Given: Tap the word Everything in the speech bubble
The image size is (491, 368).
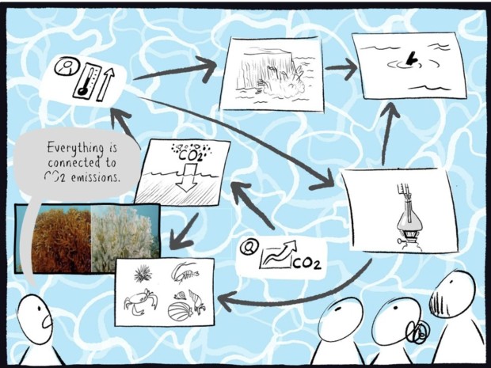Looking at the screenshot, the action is click(x=75, y=148).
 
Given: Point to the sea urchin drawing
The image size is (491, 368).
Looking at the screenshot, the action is click(x=143, y=273).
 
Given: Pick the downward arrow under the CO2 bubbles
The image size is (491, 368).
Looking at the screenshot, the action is click(x=187, y=177).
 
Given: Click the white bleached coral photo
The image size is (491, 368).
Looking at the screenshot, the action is click(x=126, y=238).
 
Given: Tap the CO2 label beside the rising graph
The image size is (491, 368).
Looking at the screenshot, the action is click(x=307, y=264).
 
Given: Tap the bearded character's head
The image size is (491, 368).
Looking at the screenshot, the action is click(x=451, y=294).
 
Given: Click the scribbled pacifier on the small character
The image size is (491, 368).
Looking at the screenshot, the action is click(x=417, y=332).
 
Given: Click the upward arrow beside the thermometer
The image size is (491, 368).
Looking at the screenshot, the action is click(x=105, y=84).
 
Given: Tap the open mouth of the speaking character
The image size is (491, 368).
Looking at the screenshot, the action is click(x=48, y=321).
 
